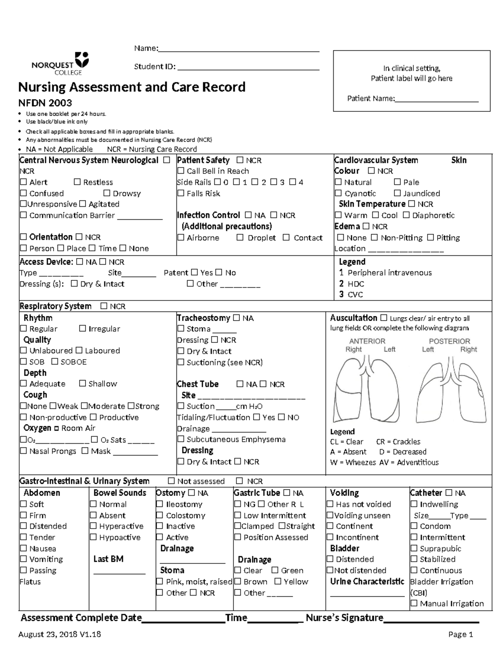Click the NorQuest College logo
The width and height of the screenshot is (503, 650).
pos(60,63)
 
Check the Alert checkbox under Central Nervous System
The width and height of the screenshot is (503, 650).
pos(23,182)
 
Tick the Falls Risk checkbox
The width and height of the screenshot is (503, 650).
pos(181,193)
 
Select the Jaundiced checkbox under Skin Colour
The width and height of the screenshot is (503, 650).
pos(397,193)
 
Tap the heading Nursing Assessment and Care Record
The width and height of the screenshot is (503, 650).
pos(132,87)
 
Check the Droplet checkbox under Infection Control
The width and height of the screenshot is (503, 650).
pos(240,238)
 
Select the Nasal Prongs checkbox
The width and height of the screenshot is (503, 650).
pos(23,451)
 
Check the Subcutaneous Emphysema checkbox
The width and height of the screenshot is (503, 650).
pos(181,439)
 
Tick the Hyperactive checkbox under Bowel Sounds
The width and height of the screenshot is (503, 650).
pos(93,526)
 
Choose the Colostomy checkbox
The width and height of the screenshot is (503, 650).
pos(159,515)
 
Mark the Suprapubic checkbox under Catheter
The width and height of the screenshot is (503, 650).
pos(414,548)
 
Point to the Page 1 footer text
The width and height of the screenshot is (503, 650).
pos(460,635)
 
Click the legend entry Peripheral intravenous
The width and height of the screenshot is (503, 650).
pos(389,273)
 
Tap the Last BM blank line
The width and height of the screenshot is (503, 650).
pos(119,571)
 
